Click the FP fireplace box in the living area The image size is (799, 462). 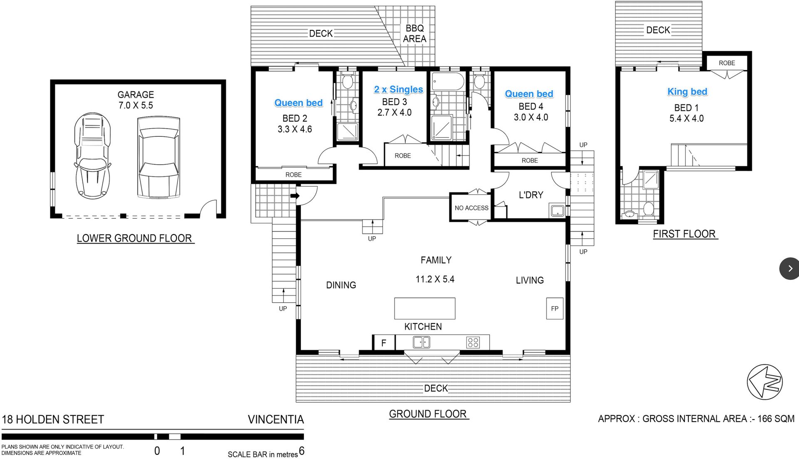(554, 309)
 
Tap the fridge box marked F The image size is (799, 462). (384, 343)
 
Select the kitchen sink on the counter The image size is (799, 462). (421, 343)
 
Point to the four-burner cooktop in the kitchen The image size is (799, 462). (473, 342)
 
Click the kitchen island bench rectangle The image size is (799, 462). (424, 308)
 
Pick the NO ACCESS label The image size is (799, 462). (471, 208)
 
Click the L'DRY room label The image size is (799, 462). (531, 195)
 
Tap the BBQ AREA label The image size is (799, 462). (414, 33)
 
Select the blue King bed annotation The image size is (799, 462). (687, 91)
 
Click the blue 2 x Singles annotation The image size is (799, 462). (398, 89)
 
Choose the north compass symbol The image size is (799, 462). (765, 382)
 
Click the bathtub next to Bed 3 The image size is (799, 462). (448, 82)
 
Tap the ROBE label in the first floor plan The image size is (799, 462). (727, 63)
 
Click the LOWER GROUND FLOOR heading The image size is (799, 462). (134, 238)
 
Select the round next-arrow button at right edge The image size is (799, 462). (789, 269)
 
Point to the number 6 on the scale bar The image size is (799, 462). (302, 451)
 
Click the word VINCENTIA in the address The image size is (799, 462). (276, 419)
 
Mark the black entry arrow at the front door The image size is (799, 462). (295, 196)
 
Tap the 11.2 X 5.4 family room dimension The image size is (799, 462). (435, 279)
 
